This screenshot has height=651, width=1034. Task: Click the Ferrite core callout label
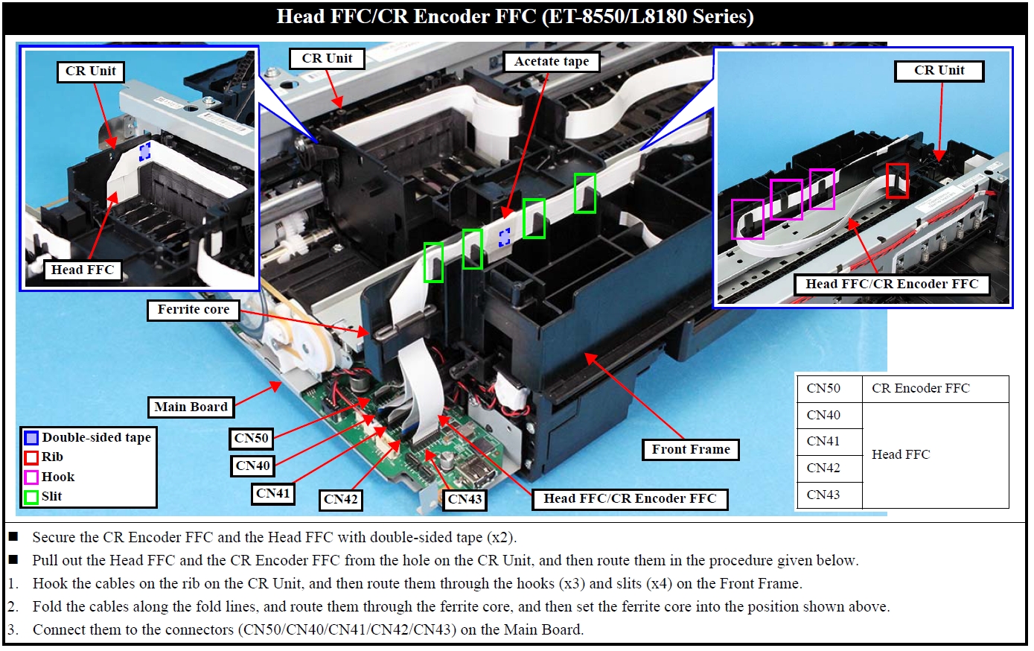click(194, 310)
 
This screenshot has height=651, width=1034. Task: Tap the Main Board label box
click(191, 407)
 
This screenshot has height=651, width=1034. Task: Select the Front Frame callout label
click(691, 450)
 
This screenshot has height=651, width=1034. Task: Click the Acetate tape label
click(551, 61)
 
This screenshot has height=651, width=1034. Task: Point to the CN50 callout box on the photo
click(251, 439)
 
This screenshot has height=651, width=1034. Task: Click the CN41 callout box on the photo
click(272, 493)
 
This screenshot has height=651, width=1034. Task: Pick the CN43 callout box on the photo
click(465, 500)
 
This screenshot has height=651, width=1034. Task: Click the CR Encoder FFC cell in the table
click(920, 389)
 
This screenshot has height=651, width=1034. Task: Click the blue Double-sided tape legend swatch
click(31, 438)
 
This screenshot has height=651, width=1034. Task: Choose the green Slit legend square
click(31, 497)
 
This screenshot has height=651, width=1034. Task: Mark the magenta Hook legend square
click(31, 477)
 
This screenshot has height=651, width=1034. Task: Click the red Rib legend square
click(31, 457)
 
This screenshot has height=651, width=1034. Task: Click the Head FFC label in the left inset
click(83, 270)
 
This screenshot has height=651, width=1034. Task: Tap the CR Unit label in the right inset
click(939, 71)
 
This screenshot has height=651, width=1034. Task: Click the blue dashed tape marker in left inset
click(145, 151)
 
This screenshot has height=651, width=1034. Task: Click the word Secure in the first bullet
click(54, 538)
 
